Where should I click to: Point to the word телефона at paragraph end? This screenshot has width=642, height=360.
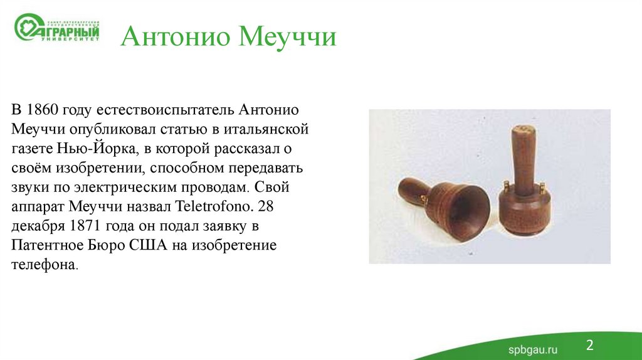[x=43, y=265]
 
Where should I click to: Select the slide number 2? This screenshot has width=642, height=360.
[x=589, y=344]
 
